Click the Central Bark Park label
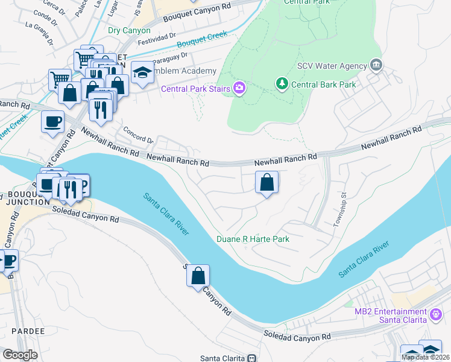tap(323, 84)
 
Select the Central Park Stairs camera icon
tap(239, 89)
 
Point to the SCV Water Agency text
tap(332, 66)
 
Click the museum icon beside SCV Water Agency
tap(376, 65)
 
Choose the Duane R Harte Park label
tap(253, 240)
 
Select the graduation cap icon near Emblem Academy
tap(142, 72)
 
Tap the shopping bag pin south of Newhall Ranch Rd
tap(266, 181)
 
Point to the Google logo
tap(20, 355)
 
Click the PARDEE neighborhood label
tap(23, 331)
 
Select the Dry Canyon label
tap(129, 30)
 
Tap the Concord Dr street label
tap(135, 131)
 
